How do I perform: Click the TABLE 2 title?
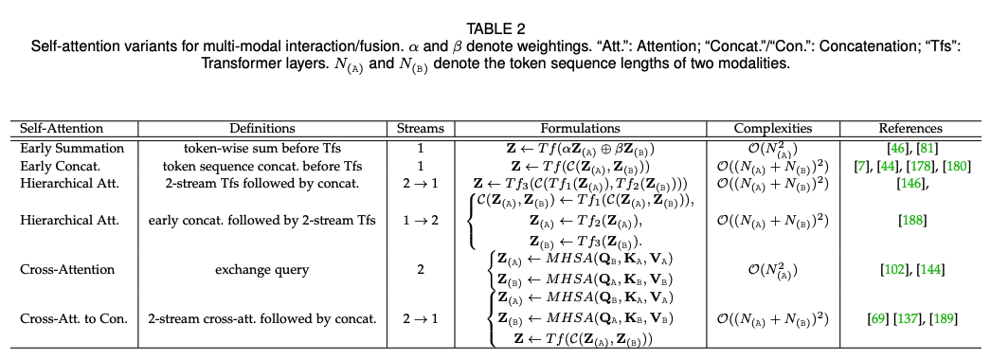(495, 28)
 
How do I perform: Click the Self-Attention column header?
(62, 128)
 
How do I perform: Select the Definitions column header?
(262, 128)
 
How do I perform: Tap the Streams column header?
(421, 128)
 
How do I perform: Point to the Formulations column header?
(580, 128)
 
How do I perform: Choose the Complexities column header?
(773, 128)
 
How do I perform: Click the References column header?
(910, 128)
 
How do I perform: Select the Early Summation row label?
(72, 149)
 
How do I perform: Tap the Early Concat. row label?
(62, 166)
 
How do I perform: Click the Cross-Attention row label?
(67, 270)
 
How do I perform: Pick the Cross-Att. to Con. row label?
(74, 319)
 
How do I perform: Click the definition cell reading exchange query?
(262, 270)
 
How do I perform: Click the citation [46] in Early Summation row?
(895, 149)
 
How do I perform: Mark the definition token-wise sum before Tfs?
(262, 149)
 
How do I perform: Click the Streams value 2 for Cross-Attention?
(421, 270)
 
